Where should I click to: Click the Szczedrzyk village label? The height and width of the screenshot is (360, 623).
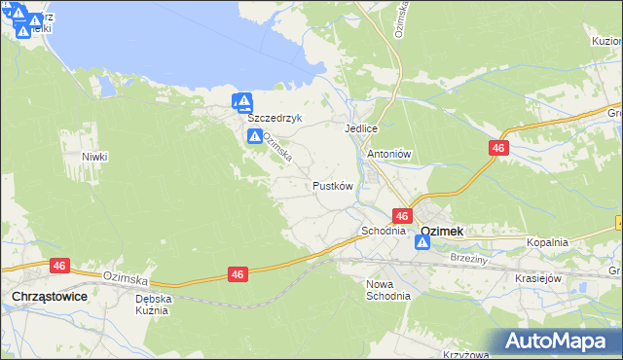click(x=275, y=118)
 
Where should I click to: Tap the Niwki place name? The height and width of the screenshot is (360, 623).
click(x=94, y=157)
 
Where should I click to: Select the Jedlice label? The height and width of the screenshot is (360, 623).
click(x=360, y=128)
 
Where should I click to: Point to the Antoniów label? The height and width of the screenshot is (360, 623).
click(x=390, y=154)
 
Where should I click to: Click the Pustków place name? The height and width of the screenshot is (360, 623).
click(x=332, y=185)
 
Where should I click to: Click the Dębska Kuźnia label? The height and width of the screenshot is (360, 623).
click(x=153, y=306)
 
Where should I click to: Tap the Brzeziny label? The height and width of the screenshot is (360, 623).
click(x=469, y=259)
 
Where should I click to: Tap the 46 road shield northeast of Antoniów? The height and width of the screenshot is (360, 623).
click(x=497, y=147)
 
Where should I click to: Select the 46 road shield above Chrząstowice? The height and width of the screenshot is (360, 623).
click(x=60, y=265)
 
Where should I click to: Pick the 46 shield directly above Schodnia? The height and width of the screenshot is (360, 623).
click(x=402, y=215)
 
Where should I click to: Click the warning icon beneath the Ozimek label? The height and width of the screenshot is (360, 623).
click(x=422, y=243)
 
